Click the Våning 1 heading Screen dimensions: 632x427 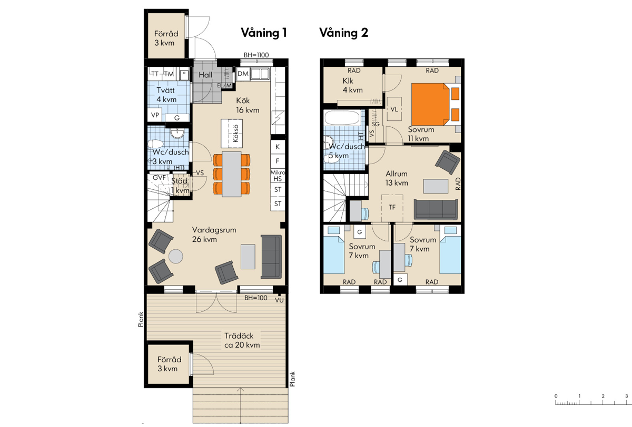click(x=264, y=33)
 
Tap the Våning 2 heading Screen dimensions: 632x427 click(x=343, y=33)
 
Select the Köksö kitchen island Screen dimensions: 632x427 click(x=232, y=134)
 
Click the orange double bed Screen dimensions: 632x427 click(x=430, y=104)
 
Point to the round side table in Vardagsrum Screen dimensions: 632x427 click(x=176, y=256)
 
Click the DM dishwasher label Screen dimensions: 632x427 click(x=243, y=74)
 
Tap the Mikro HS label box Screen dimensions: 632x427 click(x=278, y=176)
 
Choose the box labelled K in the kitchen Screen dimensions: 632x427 click(x=278, y=147)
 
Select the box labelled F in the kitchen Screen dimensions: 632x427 click(x=278, y=161)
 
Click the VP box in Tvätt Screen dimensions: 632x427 click(x=155, y=115)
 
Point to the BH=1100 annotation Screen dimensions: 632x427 click(x=256, y=55)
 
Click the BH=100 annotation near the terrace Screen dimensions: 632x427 click(x=255, y=298)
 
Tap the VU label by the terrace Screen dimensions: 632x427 click(x=279, y=300)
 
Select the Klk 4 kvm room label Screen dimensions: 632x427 click(x=352, y=85)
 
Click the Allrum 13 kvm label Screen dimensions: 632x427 click(x=397, y=178)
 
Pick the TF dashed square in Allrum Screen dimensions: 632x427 click(x=392, y=208)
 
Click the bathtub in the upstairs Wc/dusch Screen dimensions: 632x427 click(x=342, y=117)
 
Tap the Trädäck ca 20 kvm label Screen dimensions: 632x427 click(x=242, y=340)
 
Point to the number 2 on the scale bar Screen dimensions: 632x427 click(x=603, y=396)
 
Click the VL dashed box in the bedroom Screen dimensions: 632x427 click(x=394, y=109)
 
